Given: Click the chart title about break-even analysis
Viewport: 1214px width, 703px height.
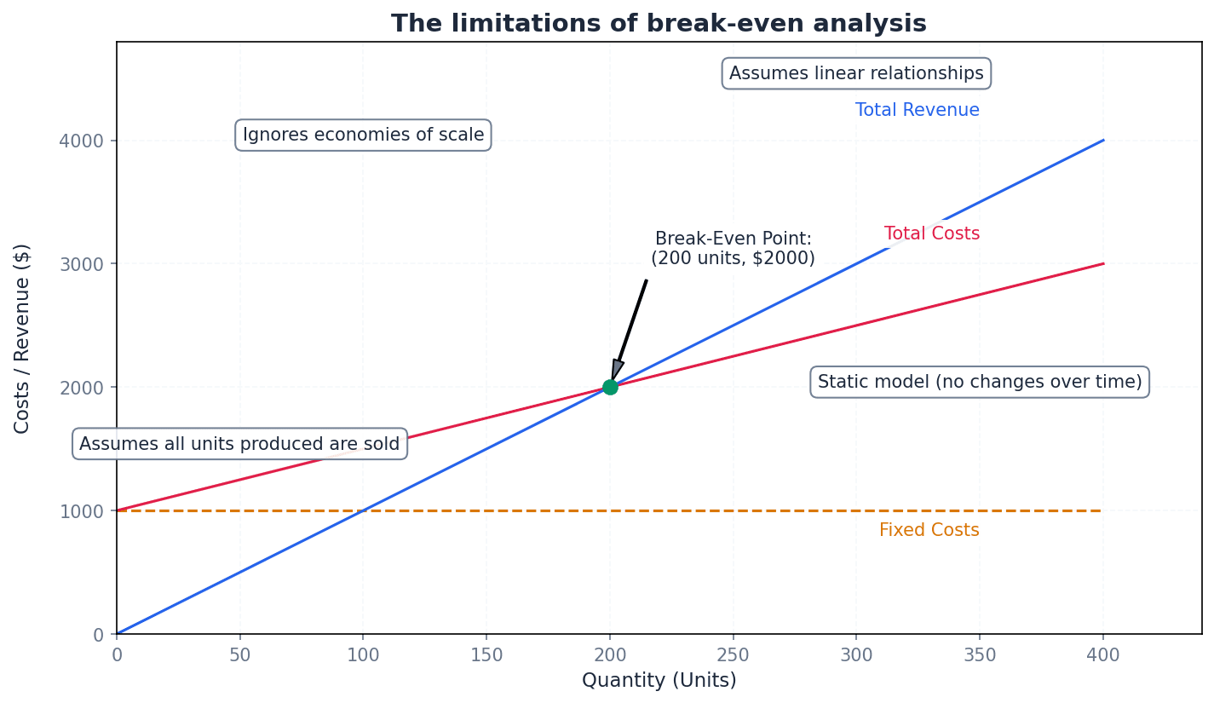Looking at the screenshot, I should (x=658, y=23).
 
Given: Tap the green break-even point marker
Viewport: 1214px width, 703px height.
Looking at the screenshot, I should (x=610, y=387).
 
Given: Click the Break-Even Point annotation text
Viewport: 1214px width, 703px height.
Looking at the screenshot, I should (x=733, y=249).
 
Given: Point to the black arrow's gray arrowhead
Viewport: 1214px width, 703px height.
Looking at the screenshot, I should (x=617, y=369).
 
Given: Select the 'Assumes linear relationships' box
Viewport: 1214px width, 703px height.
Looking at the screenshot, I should (x=856, y=73).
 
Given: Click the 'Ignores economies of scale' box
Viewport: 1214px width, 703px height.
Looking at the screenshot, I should (x=363, y=135).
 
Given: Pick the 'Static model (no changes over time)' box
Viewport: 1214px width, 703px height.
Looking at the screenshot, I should (x=979, y=382).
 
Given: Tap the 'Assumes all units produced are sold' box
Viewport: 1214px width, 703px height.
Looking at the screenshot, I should (x=239, y=444).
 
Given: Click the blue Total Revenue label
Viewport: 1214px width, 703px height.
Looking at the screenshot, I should (x=917, y=110).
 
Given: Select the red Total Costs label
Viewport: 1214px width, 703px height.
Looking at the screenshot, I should (x=931, y=233).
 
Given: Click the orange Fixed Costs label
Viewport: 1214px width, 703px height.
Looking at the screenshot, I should (x=929, y=530).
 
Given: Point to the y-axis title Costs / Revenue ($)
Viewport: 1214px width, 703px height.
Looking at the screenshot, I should (x=23, y=338).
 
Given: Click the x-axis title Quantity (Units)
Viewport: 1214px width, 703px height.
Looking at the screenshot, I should (x=659, y=680).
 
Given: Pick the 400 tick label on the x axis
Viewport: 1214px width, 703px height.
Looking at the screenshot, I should (x=1103, y=654).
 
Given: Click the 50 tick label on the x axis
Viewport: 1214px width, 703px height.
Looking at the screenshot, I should (x=240, y=654).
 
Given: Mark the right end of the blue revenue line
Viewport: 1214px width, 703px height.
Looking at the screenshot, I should (x=1102, y=141).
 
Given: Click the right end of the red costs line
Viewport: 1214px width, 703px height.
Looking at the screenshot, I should (x=1102, y=264).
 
